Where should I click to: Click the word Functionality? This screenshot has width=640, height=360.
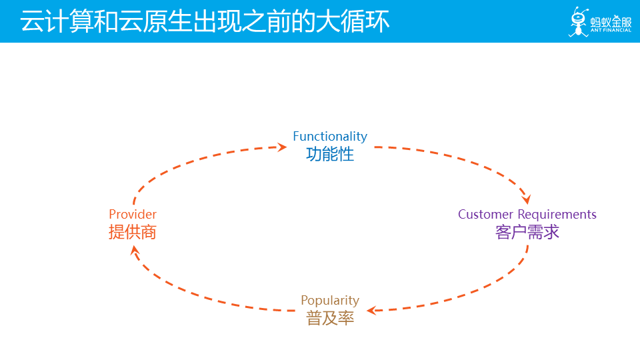click(x=330, y=136)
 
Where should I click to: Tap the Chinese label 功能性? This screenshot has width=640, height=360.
click(x=330, y=154)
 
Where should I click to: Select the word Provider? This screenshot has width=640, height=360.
click(x=133, y=214)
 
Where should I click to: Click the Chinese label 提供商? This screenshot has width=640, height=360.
click(x=133, y=232)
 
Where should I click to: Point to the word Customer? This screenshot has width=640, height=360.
click(x=486, y=214)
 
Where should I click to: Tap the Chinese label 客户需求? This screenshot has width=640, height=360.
click(x=527, y=232)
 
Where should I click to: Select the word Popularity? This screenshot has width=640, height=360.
click(x=330, y=300)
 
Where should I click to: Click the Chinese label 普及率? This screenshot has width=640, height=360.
click(x=330, y=318)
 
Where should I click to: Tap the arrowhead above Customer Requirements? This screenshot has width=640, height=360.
click(x=526, y=199)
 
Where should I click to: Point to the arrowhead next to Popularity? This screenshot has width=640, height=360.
click(x=371, y=310)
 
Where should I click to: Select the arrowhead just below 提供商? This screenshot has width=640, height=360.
click(x=135, y=249)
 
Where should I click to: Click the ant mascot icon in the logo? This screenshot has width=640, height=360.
click(x=577, y=22)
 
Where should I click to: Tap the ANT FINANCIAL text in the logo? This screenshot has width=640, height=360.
click(x=611, y=31)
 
